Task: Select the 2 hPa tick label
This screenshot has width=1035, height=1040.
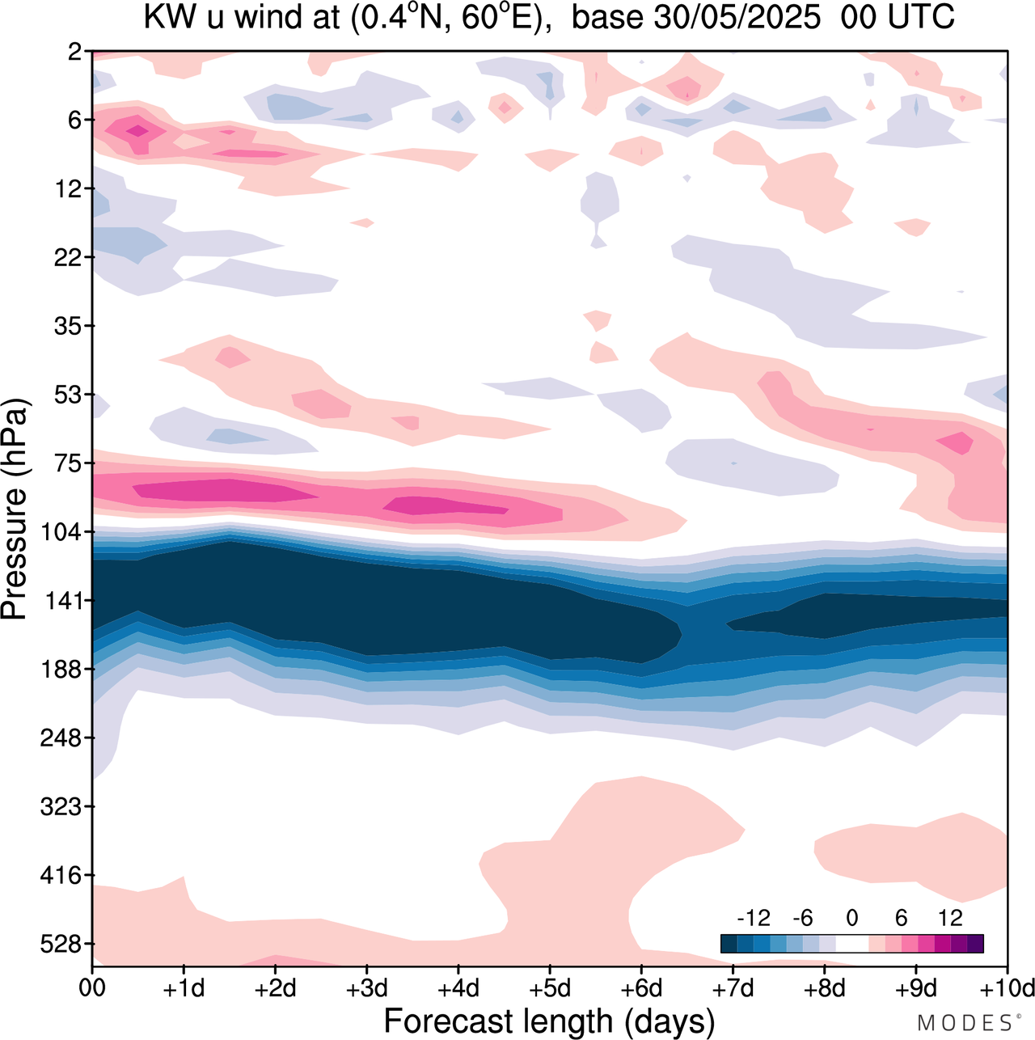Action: (x=74, y=52)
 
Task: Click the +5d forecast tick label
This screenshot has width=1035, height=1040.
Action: (x=549, y=989)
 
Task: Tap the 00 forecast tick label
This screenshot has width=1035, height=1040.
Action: (x=92, y=989)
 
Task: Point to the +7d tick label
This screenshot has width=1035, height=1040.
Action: (x=733, y=989)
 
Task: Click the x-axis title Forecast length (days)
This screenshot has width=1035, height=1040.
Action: (x=549, y=1021)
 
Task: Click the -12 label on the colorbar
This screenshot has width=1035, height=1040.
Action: (x=754, y=917)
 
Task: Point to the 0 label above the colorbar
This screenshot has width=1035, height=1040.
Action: (x=852, y=917)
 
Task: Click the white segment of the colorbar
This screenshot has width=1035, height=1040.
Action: (x=852, y=944)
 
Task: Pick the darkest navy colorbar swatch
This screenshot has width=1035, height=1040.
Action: (x=729, y=944)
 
